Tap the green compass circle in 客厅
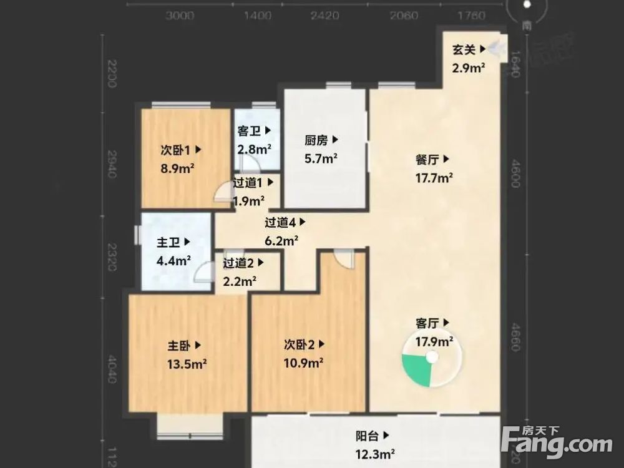coord(431,362)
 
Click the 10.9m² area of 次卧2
coord(303,363)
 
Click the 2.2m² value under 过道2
coord(239,281)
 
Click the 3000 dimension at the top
coord(180,15)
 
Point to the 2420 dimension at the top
coord(324,15)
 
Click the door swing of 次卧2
coord(343,257)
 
